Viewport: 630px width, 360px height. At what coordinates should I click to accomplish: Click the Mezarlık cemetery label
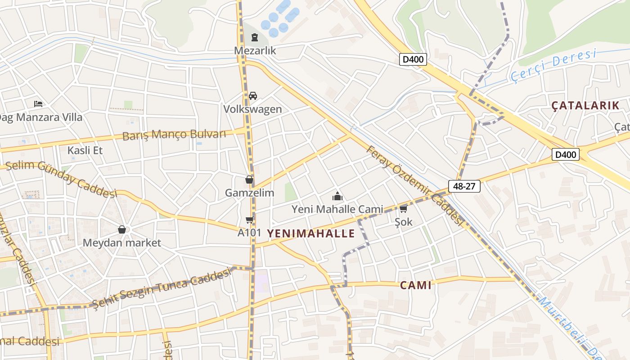[x=255, y=50]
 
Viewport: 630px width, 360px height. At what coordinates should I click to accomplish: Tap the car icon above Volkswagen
[x=253, y=96]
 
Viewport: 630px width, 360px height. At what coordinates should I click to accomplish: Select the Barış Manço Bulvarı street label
[x=174, y=134]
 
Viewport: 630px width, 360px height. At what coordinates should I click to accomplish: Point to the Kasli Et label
[x=85, y=150]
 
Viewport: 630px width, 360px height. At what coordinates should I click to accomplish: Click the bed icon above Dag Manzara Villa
[x=38, y=104]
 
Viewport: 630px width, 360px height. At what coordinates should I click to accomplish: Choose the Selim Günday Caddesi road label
[x=61, y=178]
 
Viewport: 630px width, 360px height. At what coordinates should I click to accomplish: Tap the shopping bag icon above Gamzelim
[x=249, y=180]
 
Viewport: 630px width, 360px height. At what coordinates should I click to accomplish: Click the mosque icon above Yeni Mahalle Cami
[x=337, y=196]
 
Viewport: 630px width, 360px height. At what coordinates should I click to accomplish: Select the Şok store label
[x=403, y=222]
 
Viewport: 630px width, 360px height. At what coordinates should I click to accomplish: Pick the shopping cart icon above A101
[x=249, y=220]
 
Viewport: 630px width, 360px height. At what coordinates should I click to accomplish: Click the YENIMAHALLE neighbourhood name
[x=311, y=233]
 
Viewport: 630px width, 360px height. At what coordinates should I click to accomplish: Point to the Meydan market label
[x=121, y=243]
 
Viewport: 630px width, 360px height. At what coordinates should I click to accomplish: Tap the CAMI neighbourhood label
[x=416, y=285]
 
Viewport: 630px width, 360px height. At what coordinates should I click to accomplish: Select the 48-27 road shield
[x=464, y=186]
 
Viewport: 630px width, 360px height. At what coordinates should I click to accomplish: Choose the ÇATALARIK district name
[x=585, y=106]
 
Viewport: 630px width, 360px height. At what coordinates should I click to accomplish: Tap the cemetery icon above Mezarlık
[x=255, y=37]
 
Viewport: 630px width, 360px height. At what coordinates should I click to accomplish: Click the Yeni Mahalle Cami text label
[x=337, y=209]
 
